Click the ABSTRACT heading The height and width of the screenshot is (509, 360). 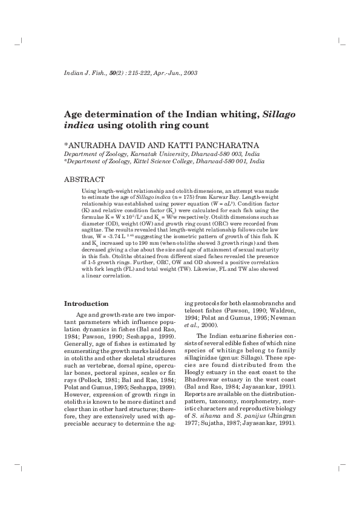coord(85,180)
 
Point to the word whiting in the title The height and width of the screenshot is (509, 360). coord(234,115)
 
